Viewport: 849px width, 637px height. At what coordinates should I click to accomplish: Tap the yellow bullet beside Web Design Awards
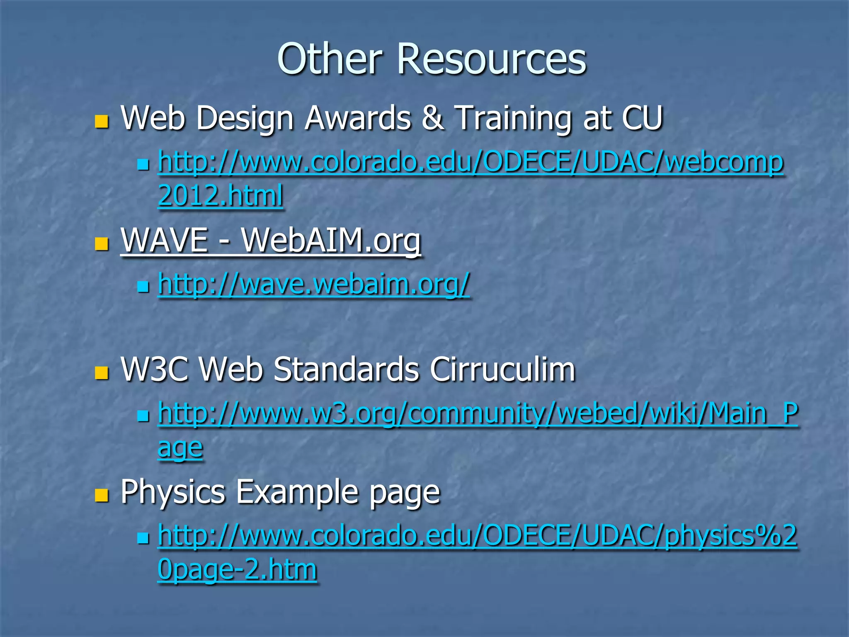(102, 121)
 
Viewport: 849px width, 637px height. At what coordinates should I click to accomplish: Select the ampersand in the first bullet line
(432, 118)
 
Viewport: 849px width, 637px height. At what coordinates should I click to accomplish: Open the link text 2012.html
(221, 195)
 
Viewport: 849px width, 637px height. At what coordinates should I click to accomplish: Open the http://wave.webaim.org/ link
(314, 284)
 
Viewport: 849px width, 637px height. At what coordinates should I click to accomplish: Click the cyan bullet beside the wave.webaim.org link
(143, 287)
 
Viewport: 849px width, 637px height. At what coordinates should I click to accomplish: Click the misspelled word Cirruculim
(502, 369)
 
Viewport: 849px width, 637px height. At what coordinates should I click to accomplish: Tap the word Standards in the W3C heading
(347, 369)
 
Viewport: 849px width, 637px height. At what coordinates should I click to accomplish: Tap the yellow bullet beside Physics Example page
(102, 495)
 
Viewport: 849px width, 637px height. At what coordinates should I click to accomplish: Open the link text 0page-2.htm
(237, 569)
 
